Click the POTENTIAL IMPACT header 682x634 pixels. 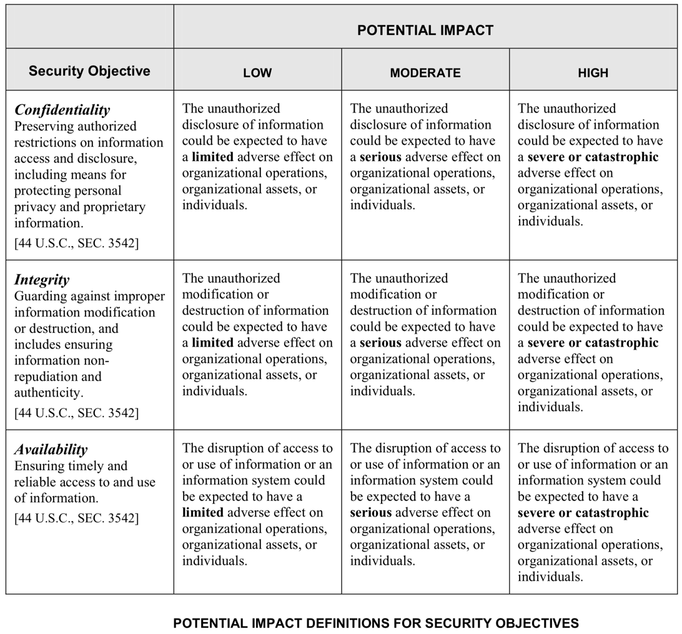425,29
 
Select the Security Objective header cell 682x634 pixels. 89,71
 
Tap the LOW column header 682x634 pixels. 257,72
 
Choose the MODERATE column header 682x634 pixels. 425,72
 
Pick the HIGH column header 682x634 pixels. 593,72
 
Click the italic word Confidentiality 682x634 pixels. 62,110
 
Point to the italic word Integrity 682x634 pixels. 42,279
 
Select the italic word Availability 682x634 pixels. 51,449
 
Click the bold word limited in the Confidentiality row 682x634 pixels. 212,157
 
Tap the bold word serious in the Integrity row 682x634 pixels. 380,342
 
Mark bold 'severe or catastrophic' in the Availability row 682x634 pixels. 583,513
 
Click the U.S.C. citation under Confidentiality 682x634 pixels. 76,242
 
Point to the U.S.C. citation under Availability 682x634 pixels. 76,518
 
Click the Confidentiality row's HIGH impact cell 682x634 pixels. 593,165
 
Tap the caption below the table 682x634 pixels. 375,623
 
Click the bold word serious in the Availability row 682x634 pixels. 371,513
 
